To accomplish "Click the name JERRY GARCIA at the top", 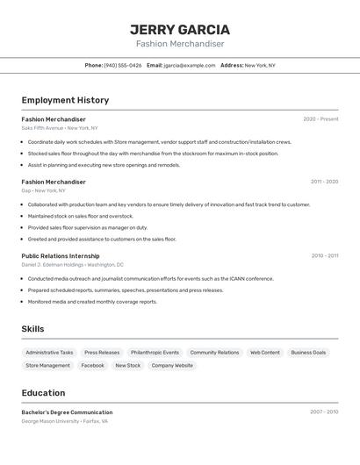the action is pyautogui.click(x=180, y=29).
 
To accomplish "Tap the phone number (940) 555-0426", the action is pyautogui.click(x=122, y=65).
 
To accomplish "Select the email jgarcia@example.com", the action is pyautogui.click(x=189, y=65).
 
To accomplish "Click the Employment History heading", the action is pyautogui.click(x=65, y=100).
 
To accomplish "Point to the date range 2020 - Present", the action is pyautogui.click(x=320, y=119).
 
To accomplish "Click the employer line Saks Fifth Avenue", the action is pyautogui.click(x=60, y=128).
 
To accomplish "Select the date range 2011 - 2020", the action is pyautogui.click(x=324, y=182).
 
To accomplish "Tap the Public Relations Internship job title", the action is pyautogui.click(x=67, y=256).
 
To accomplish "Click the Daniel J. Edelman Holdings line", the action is pyautogui.click(x=72, y=264).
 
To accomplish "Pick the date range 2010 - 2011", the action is pyautogui.click(x=324, y=256).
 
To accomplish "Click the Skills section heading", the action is pyautogui.click(x=32, y=329).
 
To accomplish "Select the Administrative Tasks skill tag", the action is pyautogui.click(x=49, y=353).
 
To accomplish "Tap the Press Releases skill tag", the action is pyautogui.click(x=102, y=353).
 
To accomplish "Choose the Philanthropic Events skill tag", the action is pyautogui.click(x=155, y=353).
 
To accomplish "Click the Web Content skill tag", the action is pyautogui.click(x=265, y=353).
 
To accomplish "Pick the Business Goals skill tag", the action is pyautogui.click(x=308, y=353).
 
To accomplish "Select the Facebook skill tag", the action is pyautogui.click(x=92, y=366).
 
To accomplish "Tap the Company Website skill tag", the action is pyautogui.click(x=172, y=366).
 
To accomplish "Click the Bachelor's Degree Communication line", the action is pyautogui.click(x=67, y=412).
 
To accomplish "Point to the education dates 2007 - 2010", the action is pyautogui.click(x=324, y=411).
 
